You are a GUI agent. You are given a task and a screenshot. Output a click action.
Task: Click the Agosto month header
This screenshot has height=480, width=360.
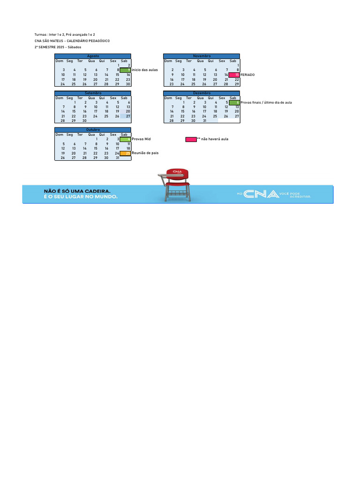point(93,56)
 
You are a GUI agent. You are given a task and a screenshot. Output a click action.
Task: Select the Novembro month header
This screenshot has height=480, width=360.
point(202,56)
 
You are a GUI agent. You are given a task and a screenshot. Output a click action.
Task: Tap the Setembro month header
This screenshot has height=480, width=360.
point(93,93)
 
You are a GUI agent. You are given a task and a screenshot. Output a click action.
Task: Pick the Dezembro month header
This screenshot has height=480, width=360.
point(202,93)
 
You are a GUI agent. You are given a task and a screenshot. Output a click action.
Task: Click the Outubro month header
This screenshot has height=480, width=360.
point(93,129)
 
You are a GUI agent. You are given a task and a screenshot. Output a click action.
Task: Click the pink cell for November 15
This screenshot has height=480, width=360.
point(234,75)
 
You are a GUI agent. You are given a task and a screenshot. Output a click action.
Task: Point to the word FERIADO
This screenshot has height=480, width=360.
point(247,75)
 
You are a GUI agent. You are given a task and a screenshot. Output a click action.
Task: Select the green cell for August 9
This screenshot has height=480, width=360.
point(125,70)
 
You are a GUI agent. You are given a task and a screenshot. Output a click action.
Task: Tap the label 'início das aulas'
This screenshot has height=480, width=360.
point(145,70)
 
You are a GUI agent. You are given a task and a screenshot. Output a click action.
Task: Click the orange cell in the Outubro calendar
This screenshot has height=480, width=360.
point(125,153)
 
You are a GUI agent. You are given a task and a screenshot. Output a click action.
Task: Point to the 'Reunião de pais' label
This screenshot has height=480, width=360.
point(145,153)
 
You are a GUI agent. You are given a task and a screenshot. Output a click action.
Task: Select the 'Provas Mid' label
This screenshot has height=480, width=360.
point(141,139)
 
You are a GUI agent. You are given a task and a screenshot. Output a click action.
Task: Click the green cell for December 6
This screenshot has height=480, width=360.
point(234,102)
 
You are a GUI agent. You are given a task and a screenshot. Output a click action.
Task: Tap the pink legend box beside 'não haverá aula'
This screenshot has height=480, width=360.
point(191,139)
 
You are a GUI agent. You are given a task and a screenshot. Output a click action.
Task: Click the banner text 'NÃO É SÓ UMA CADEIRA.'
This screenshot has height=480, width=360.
point(77,191)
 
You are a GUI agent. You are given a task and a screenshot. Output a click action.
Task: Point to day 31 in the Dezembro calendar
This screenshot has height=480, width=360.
point(204,120)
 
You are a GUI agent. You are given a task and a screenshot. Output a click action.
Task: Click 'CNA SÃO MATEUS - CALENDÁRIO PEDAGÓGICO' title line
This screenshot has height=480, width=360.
point(72,41)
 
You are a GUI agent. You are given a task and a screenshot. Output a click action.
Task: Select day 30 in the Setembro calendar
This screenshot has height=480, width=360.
point(84,120)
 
